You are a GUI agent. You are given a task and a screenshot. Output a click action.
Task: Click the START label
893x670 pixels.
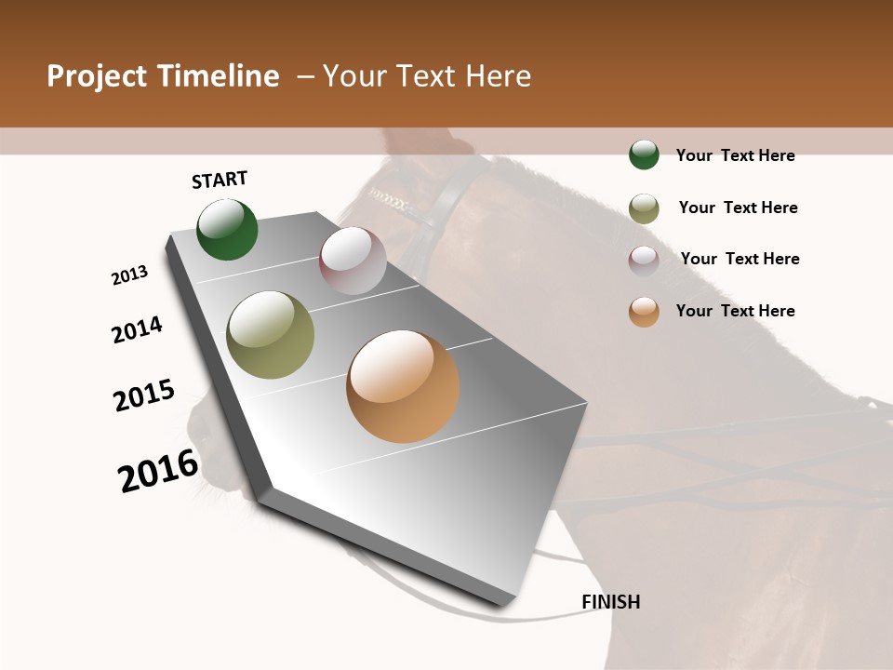(x=220, y=180)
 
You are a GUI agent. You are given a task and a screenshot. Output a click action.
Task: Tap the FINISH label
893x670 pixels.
(x=611, y=602)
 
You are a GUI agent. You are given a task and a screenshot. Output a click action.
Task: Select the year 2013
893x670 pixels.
(x=129, y=275)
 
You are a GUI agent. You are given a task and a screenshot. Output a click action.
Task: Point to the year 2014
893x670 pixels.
(x=137, y=329)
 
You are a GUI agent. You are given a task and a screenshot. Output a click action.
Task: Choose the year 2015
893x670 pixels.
(x=144, y=395)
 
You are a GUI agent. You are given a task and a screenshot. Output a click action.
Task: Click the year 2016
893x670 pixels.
(x=158, y=471)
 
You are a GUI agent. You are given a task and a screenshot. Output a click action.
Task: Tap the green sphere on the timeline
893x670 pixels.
(x=227, y=229)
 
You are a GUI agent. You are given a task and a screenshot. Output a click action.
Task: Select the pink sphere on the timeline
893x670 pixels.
(x=353, y=261)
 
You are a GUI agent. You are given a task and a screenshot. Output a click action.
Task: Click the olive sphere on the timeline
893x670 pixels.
(x=271, y=335)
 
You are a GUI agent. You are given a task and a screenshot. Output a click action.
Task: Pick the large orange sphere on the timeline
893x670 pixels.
(x=403, y=386)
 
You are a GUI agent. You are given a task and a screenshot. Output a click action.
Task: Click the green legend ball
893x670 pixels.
(x=644, y=154)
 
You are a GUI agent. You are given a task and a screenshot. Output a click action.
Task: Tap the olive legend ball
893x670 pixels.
(x=644, y=208)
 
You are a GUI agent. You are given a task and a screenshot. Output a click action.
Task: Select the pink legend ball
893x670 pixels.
(x=644, y=261)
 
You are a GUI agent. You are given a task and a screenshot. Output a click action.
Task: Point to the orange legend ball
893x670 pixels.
(x=644, y=312)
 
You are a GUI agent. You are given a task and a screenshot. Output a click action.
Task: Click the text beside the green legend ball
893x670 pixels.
(x=735, y=155)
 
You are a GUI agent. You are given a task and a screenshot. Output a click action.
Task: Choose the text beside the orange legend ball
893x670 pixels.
(x=735, y=311)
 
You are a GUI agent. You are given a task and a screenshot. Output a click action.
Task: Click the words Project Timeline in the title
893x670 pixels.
(x=163, y=76)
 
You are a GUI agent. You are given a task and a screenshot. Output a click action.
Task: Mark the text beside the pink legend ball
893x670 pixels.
(x=740, y=259)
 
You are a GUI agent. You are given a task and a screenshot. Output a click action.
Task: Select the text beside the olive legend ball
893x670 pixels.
(x=738, y=208)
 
